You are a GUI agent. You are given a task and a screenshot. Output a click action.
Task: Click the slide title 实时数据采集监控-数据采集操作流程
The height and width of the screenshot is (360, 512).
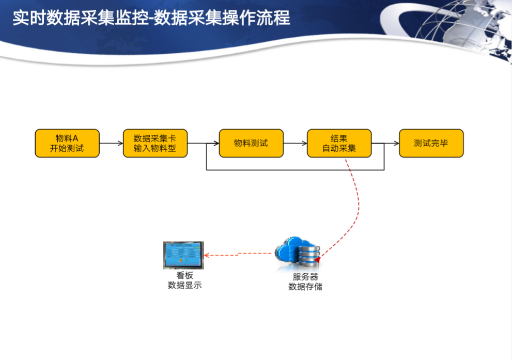click(151, 18)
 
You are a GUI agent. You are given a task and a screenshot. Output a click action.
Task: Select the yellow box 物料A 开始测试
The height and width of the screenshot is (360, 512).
click(67, 143)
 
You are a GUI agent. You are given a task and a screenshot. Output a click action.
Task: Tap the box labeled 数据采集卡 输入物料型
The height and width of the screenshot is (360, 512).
click(155, 143)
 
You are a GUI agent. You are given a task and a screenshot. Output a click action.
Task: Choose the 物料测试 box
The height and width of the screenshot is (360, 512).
click(251, 143)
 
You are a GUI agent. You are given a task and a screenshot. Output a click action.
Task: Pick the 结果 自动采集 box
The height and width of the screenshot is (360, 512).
click(339, 143)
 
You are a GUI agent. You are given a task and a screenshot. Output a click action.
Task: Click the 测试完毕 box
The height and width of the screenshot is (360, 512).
click(431, 143)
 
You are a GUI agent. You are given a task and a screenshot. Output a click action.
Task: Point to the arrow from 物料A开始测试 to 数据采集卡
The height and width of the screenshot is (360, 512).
click(112, 143)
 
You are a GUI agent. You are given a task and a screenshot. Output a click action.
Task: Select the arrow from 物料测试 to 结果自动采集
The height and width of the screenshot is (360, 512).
click(295, 143)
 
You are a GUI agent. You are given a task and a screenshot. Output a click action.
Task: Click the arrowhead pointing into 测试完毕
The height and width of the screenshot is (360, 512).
click(397, 143)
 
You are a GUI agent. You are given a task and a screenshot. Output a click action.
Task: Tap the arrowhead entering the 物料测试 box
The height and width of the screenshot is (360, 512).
click(216, 143)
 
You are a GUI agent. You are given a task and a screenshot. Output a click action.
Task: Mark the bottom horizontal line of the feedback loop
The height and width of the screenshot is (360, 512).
click(295, 170)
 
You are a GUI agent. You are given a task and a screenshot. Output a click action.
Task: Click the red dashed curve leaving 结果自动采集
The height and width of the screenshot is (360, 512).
click(358, 209)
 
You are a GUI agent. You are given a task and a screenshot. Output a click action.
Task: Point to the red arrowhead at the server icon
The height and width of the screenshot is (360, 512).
click(317, 259)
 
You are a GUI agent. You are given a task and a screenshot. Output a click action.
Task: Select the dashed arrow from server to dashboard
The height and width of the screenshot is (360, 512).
click(239, 254)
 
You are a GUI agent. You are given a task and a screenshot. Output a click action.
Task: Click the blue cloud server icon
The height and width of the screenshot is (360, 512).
click(298, 253)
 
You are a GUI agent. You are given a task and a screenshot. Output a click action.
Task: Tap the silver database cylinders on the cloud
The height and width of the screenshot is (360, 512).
click(309, 255)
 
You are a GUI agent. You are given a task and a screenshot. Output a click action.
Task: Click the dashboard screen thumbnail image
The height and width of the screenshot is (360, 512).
click(183, 255)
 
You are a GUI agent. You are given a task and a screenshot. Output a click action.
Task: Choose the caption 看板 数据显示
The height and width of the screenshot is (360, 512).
click(184, 280)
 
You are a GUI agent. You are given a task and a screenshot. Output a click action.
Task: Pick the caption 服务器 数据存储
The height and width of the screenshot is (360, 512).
click(305, 282)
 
